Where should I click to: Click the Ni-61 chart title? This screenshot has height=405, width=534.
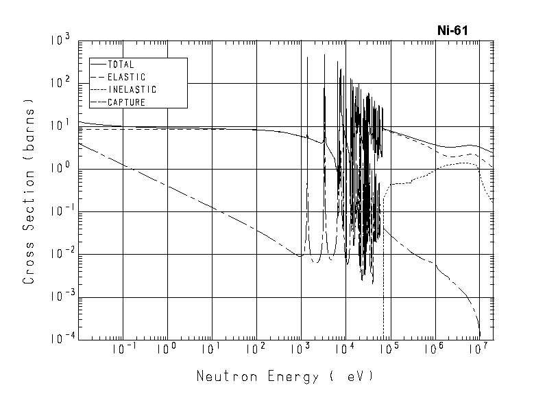[x=453, y=31]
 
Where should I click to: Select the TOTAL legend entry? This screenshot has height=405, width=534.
[x=121, y=65]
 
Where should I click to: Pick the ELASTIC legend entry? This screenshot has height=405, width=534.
[x=127, y=77]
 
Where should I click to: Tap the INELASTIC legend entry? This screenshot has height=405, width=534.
[x=132, y=89]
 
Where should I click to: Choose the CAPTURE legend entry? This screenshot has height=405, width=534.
[x=126, y=102]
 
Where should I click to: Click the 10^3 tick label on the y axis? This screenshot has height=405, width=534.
[x=61, y=41]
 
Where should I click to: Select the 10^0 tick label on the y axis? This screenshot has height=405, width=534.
[x=61, y=170]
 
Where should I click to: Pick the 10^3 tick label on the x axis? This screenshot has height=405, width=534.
[x=300, y=349]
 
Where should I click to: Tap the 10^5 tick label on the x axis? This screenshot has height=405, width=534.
[x=389, y=349]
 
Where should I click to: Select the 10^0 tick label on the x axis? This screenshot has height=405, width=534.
[x=167, y=349]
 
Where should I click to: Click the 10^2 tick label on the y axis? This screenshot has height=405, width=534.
[x=61, y=84]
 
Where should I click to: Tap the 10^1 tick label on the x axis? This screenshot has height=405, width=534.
[x=212, y=349]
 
